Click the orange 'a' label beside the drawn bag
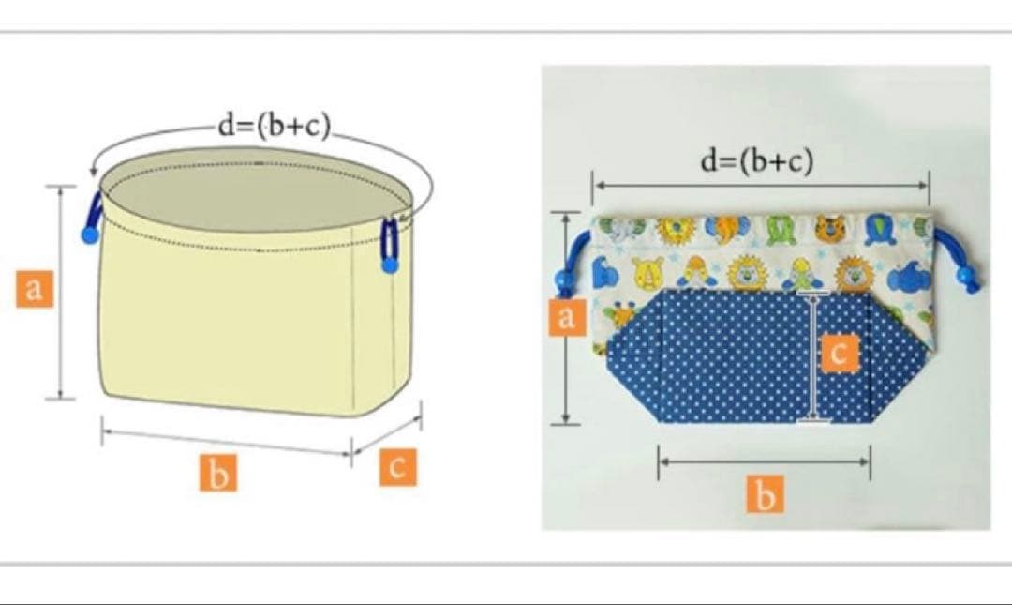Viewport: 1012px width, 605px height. coord(35,288)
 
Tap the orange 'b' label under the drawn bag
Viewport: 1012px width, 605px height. coord(218,473)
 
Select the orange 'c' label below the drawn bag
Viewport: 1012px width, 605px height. coord(397,467)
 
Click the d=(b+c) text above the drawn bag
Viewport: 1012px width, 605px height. coord(275,126)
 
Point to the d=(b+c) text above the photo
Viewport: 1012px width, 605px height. coord(757,160)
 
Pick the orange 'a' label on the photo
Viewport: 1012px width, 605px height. coord(567,317)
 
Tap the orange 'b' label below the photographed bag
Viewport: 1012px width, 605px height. coord(766,494)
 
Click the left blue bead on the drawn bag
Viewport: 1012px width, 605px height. coord(90,234)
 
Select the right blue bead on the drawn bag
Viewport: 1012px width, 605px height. coord(389,265)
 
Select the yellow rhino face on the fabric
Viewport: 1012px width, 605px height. coord(648,272)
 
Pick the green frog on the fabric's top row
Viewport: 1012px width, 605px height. coord(781,229)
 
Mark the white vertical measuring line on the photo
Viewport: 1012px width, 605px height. coord(813,357)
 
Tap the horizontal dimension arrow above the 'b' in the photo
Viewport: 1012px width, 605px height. coord(765,461)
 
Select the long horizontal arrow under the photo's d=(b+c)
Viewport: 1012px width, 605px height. coord(760,186)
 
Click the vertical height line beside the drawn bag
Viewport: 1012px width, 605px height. coord(61,292)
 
